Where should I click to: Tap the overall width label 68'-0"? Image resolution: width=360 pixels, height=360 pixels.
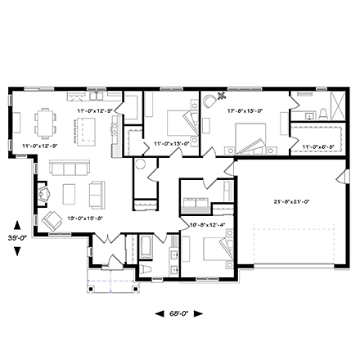(179, 313)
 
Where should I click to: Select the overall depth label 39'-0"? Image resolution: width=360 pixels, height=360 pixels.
(17, 236)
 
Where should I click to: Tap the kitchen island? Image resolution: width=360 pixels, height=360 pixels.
(85, 129)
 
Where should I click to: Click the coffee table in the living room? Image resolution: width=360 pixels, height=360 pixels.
(71, 193)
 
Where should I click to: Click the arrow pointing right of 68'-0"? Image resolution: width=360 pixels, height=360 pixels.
(198, 313)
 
